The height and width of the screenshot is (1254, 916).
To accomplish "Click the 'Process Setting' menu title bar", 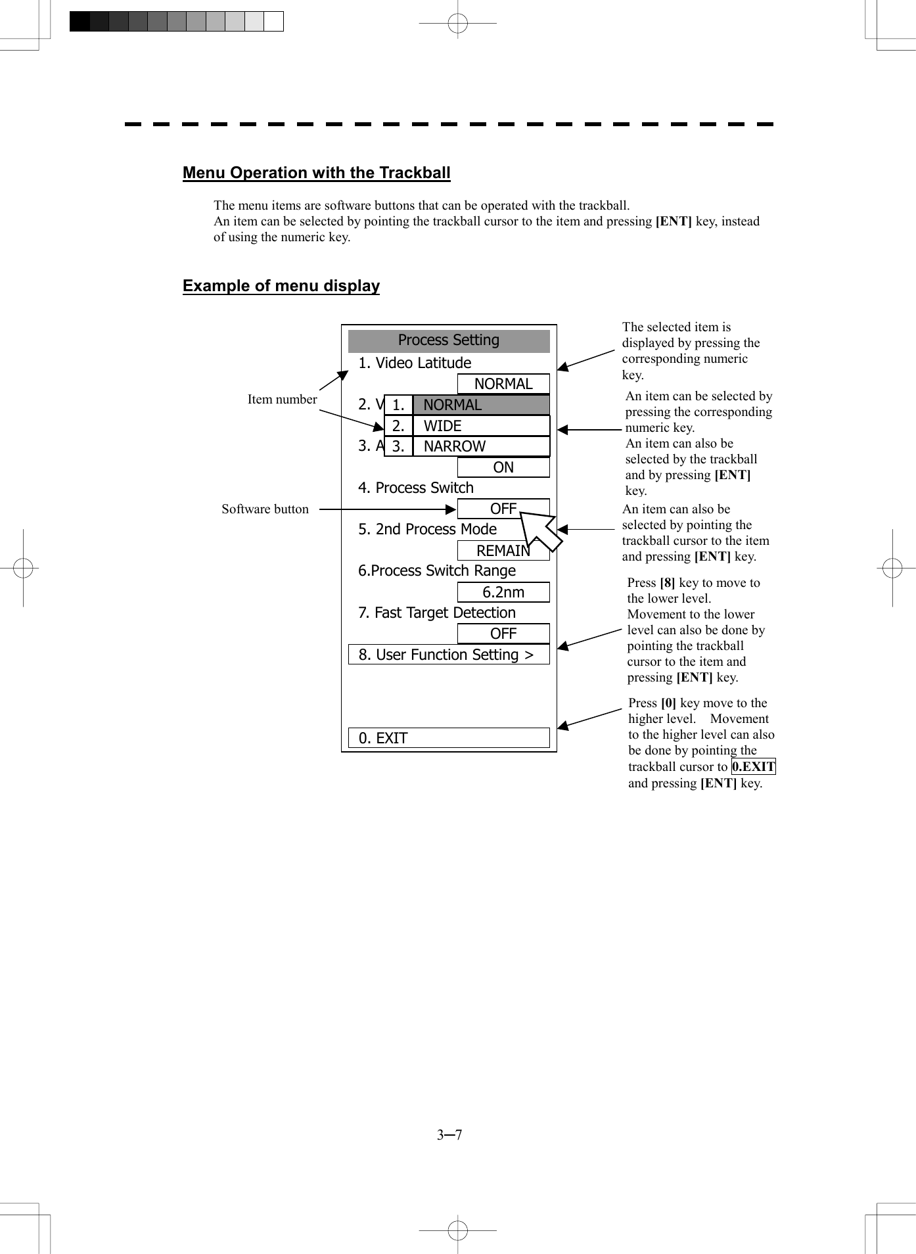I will pyautogui.click(x=449, y=340).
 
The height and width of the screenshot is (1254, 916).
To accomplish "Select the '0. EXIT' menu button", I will pyautogui.click(x=449, y=738).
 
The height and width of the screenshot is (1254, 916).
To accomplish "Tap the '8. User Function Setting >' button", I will pyautogui.click(x=449, y=655).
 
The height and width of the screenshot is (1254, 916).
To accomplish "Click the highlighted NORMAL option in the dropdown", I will pyautogui.click(x=481, y=405).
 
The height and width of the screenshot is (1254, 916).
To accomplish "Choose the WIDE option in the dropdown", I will pyautogui.click(x=481, y=426).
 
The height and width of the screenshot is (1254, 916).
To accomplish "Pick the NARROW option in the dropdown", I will pyautogui.click(x=481, y=446).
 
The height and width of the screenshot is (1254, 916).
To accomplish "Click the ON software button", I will pyautogui.click(x=503, y=467).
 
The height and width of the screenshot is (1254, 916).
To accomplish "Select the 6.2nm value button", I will pyautogui.click(x=503, y=592).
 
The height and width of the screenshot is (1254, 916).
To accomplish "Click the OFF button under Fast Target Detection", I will pyautogui.click(x=503, y=634).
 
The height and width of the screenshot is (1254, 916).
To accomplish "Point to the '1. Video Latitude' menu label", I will pyautogui.click(x=415, y=363).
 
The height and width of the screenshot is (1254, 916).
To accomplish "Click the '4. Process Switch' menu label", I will pyautogui.click(x=416, y=488).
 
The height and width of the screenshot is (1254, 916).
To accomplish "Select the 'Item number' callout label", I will pyautogui.click(x=282, y=399).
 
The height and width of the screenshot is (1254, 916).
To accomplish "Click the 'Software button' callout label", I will pyautogui.click(x=265, y=509).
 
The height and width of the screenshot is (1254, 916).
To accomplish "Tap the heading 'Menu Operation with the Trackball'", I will pyautogui.click(x=316, y=173).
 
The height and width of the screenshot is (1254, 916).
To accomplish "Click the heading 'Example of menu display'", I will pyautogui.click(x=281, y=286).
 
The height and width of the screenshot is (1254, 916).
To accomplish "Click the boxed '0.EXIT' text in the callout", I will pyautogui.click(x=753, y=766).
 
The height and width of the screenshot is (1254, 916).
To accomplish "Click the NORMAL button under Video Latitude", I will pyautogui.click(x=503, y=384).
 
